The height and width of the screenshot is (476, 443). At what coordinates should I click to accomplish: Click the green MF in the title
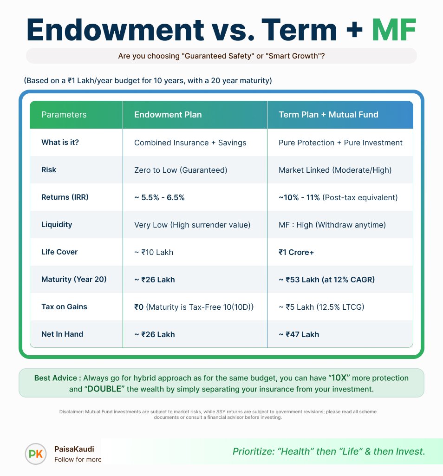(x=394, y=30)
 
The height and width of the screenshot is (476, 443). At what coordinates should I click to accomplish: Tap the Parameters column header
(x=64, y=114)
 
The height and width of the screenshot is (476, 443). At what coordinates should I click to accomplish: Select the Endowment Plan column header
(x=168, y=114)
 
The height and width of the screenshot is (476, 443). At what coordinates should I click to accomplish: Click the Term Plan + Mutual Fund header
(x=328, y=114)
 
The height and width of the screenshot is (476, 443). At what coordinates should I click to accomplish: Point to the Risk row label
(x=49, y=170)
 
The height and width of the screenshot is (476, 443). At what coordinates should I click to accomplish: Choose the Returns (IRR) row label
(x=65, y=197)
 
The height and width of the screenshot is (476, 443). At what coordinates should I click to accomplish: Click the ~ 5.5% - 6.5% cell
(x=159, y=197)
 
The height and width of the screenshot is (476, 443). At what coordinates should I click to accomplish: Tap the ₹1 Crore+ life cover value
(x=296, y=252)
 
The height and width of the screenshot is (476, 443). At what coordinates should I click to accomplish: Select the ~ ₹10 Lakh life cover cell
(x=154, y=252)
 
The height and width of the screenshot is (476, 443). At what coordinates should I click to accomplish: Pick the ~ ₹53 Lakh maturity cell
(x=327, y=280)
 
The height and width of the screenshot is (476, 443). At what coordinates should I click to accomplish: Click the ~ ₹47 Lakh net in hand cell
(x=299, y=334)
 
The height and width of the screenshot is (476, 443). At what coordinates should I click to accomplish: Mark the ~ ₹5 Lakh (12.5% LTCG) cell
(x=321, y=307)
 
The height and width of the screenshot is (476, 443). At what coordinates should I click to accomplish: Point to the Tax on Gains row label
(x=65, y=306)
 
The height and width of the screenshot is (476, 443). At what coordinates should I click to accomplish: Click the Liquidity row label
(x=57, y=225)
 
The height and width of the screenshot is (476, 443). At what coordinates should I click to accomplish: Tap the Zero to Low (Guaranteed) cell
(x=181, y=170)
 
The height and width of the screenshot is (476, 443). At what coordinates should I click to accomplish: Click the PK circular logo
(x=36, y=454)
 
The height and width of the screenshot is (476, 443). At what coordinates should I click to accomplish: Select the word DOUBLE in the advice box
(x=104, y=389)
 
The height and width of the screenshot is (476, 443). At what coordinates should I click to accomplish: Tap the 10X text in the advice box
(x=339, y=378)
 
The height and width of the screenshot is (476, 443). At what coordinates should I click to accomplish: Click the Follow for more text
(x=78, y=459)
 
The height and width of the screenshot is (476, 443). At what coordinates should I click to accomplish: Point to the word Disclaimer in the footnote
(x=72, y=411)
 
